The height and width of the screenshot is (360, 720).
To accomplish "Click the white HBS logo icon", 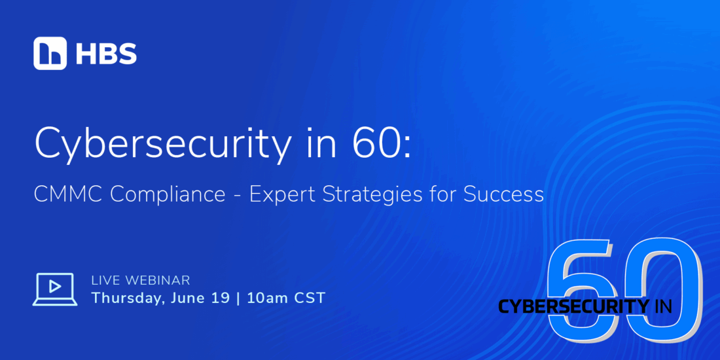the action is click(x=50, y=53).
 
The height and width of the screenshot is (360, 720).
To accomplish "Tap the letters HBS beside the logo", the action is click(x=106, y=54).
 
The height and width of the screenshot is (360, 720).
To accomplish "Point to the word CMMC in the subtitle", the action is click(x=69, y=194).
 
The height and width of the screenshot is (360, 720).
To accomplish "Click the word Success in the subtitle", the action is click(x=503, y=194).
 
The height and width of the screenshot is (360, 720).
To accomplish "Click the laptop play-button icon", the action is click(x=55, y=289).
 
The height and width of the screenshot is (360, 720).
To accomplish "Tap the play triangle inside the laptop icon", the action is click(x=55, y=287).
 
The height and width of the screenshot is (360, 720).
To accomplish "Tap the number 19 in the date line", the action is click(x=220, y=298).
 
